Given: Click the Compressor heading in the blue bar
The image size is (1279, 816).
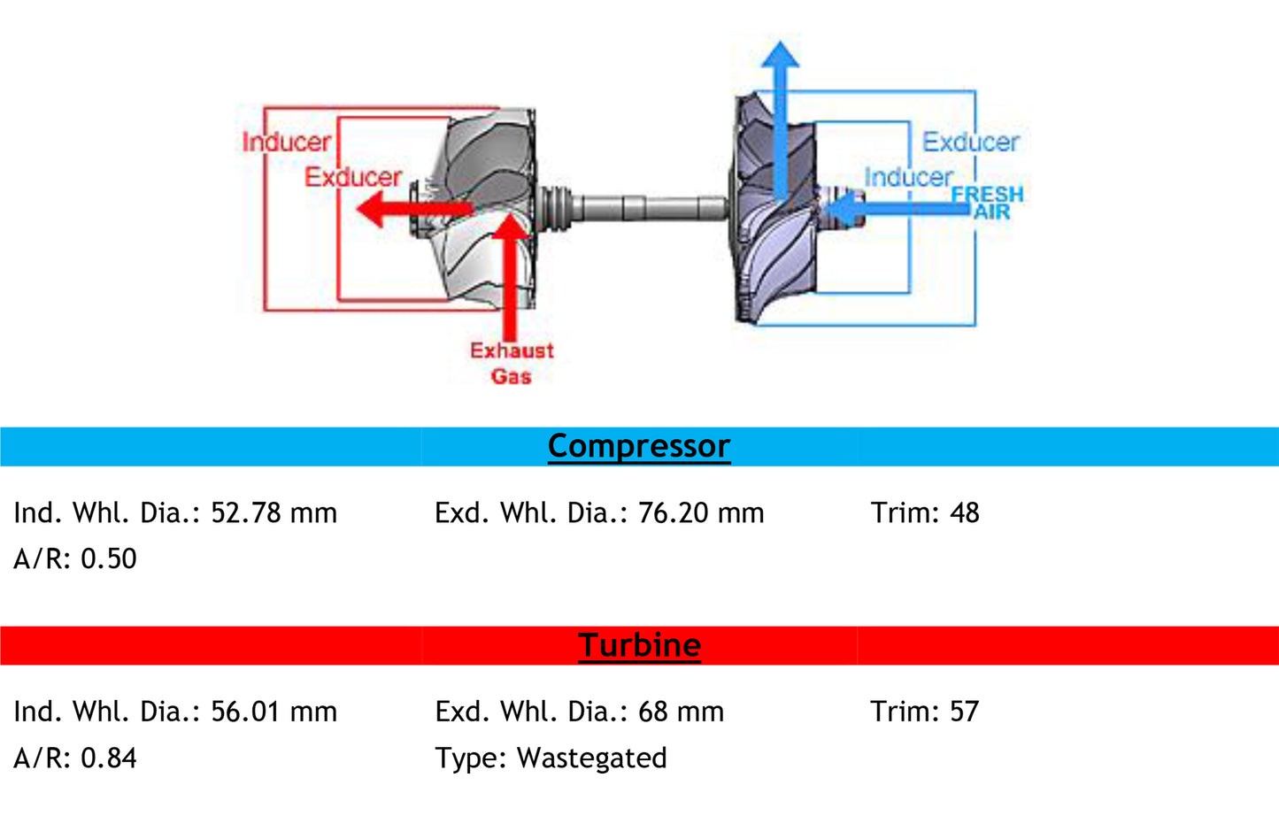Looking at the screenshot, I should [x=638, y=446].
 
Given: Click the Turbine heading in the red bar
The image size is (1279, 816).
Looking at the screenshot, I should [x=639, y=645].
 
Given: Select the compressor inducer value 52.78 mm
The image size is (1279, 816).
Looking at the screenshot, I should [x=274, y=513].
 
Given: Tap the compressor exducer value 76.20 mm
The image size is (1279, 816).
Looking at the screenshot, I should [x=700, y=513].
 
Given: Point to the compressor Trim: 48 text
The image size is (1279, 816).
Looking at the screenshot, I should [x=924, y=513].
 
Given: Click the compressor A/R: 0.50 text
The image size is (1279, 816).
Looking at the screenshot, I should [x=75, y=559].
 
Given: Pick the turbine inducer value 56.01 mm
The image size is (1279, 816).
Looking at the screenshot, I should [x=274, y=712].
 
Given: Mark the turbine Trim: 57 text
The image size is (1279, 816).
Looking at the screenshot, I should [x=924, y=712].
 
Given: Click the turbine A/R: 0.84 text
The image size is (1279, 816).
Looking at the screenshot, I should [x=75, y=758].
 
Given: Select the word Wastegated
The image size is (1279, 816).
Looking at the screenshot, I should [x=591, y=758].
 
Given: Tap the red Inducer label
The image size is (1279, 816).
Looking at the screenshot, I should [x=286, y=142].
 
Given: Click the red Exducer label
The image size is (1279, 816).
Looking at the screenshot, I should [x=353, y=177].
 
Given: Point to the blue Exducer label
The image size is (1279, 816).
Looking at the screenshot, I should [x=970, y=142].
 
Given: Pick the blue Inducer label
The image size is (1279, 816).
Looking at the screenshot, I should [x=908, y=177].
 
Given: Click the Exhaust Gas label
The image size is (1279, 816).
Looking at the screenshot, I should [x=512, y=363].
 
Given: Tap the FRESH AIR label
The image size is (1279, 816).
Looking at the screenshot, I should [x=989, y=203].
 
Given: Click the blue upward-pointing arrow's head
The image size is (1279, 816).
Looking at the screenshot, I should [x=780, y=55].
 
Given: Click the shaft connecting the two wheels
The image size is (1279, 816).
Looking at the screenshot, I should [x=646, y=209].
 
